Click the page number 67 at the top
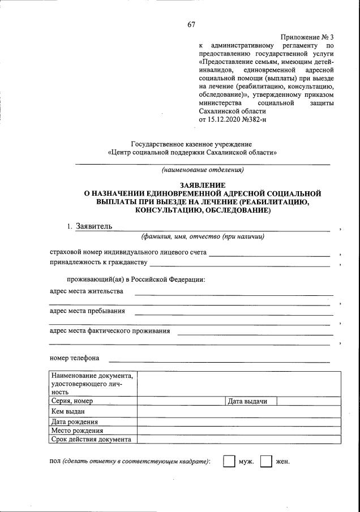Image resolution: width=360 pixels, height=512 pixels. (191, 24)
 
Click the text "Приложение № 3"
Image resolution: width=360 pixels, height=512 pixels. (307, 36)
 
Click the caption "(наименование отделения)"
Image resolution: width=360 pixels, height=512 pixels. (203, 170)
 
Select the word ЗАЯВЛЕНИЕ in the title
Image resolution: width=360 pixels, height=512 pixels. (203, 185)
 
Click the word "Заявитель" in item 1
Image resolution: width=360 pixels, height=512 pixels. (94, 227)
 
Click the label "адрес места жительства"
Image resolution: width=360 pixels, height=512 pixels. (86, 291)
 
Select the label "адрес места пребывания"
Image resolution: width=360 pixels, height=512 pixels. (87, 311)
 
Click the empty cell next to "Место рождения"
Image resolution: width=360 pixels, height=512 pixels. (239, 431)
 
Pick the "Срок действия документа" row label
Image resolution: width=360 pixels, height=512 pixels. (91, 439)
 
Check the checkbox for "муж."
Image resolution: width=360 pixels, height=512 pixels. (229, 462)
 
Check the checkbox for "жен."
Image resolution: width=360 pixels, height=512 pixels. (266, 462)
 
